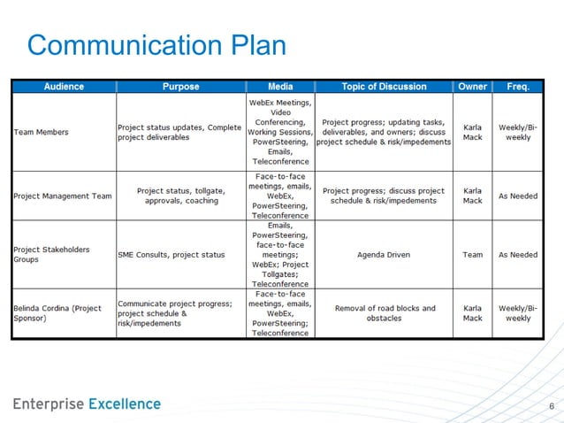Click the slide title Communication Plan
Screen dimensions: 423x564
156,44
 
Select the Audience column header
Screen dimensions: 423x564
64,87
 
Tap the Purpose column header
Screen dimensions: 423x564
180,87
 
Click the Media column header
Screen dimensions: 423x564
280,87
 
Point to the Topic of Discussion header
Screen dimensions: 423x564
384,87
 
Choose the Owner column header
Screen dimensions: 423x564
472,87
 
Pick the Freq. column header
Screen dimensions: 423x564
518,87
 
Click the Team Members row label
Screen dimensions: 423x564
42,133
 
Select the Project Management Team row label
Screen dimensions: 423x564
63,196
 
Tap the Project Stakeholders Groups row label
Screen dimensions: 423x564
51,255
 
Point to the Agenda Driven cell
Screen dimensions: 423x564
384,255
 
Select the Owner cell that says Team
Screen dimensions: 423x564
472,255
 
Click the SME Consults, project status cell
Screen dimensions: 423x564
172,255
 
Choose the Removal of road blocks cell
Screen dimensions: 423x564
385,313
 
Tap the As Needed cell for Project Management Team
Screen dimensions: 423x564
518,196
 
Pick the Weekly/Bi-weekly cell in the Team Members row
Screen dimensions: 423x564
518,133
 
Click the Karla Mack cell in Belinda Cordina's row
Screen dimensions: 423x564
472,313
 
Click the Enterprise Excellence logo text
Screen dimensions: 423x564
87,404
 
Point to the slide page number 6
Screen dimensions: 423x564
552,407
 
